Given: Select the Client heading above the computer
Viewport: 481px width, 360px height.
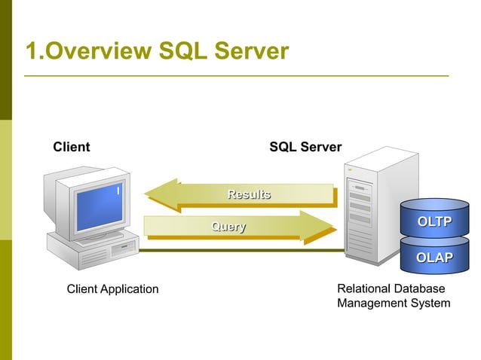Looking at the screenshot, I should click(71, 147).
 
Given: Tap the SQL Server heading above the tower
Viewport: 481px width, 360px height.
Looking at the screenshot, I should click(305, 147).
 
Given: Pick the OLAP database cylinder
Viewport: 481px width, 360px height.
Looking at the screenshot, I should click(434, 258).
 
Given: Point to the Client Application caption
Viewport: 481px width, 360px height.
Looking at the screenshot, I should click(112, 289).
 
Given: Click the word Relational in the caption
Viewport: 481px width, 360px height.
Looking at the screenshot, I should click(363, 288).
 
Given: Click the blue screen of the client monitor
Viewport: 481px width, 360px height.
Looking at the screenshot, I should click(99, 203).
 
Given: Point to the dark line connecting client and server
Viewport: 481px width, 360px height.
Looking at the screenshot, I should click(241, 250).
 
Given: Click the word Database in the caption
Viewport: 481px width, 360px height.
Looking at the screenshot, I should click(419, 288).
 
